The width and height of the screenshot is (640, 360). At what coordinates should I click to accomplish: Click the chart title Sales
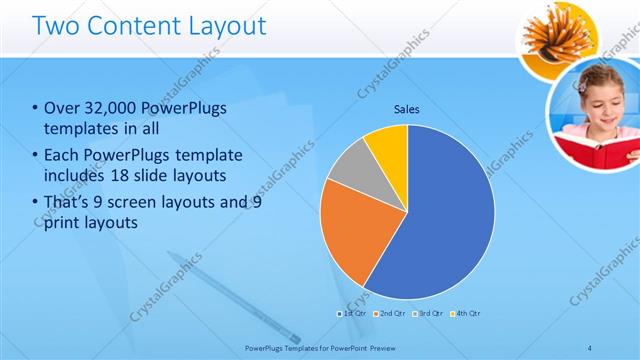pos(406,108)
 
